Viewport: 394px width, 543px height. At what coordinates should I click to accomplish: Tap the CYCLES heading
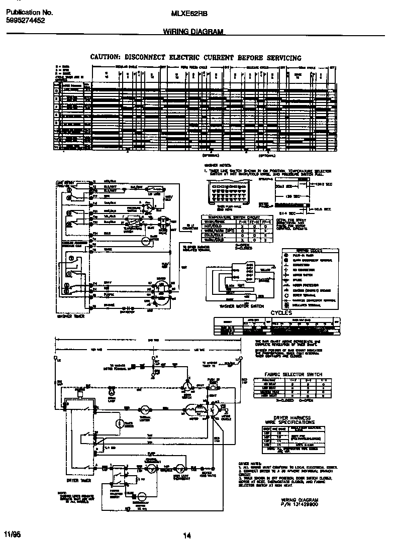tap(281, 313)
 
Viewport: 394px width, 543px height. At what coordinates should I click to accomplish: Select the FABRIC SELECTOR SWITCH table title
tap(293, 374)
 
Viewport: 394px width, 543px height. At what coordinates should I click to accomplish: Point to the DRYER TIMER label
tap(77, 480)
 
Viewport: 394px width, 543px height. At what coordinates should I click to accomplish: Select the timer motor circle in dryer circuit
tap(119, 424)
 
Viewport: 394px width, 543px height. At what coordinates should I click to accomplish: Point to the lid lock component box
tap(151, 191)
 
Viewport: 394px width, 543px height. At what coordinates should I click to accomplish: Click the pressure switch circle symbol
tap(147, 205)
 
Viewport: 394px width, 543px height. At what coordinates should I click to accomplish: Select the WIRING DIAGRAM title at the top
tap(193, 32)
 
